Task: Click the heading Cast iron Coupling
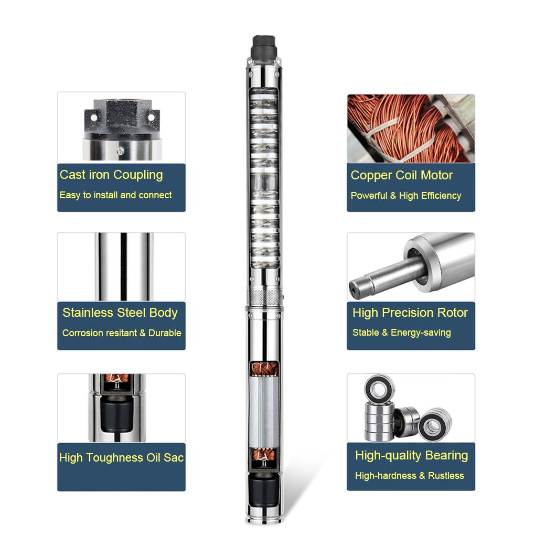pos(111,175)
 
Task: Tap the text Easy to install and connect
pos(116,195)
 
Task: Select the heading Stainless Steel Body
pos(120,313)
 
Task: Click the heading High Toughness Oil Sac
pos(122,457)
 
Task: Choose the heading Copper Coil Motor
pos(402,175)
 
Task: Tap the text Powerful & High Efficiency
pos(406,196)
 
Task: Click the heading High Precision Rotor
pos(410,313)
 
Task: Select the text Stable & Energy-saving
pos(402,333)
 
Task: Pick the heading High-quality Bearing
pos(412,455)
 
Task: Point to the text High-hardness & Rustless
pos(410,476)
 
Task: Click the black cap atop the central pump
pos(264,47)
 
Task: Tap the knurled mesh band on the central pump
pos(265,296)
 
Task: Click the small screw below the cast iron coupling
pos(121,151)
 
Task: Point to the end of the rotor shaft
pos(356,290)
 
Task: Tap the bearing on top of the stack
pos(379,389)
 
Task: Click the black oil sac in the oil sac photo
pos(117,414)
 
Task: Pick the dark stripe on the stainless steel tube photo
pos(124,266)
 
